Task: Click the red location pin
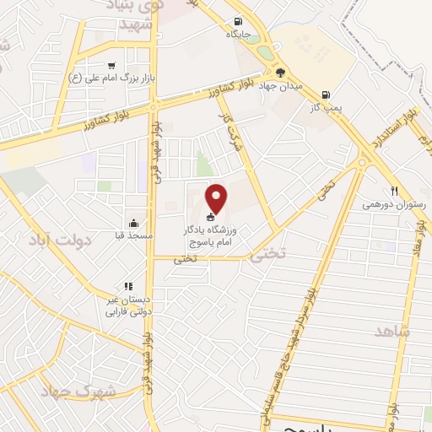[x=218, y=198]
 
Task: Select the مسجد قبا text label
[x=134, y=235]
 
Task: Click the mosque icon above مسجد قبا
[x=134, y=223]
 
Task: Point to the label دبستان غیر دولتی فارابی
[x=127, y=305]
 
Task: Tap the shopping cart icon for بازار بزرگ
[x=111, y=66]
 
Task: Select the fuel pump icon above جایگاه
[x=239, y=22]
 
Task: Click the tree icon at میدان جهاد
[x=281, y=72]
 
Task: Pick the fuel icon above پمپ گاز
[x=327, y=95]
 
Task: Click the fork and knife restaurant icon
[x=393, y=192]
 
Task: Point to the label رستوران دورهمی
[x=394, y=204]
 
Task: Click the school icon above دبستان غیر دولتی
[x=127, y=287]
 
